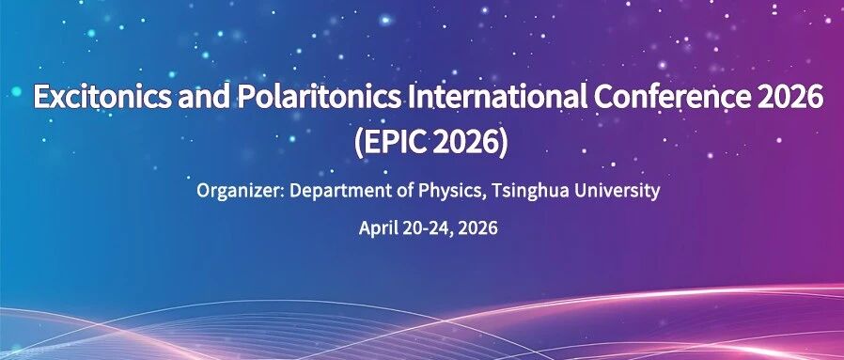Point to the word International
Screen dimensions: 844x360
click(497, 97)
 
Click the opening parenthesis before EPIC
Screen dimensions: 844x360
click(359, 144)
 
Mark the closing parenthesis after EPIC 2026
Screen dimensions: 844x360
click(503, 144)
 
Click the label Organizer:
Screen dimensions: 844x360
click(240, 191)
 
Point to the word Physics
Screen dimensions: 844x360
click(446, 192)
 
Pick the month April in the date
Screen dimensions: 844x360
click(379, 228)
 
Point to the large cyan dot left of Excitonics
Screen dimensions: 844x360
click(16, 91)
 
